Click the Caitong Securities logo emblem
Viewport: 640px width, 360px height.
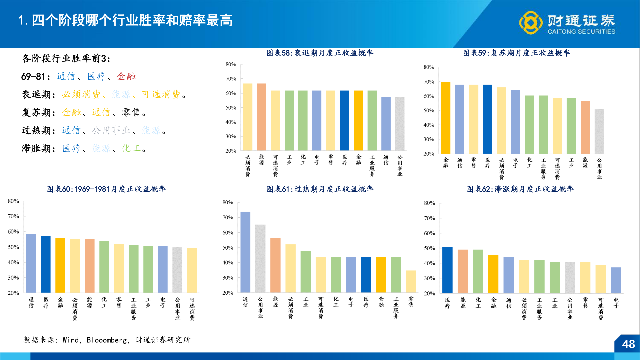[x=531, y=23]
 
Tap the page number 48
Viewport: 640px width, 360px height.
[x=628, y=344]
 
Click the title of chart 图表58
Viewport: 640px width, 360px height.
[x=320, y=53]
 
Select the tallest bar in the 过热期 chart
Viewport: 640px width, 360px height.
[x=245, y=252]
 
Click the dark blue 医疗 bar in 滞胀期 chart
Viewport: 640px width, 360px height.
[x=447, y=270]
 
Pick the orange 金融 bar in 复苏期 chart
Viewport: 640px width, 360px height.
[x=446, y=118]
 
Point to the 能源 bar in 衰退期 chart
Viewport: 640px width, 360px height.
[x=261, y=117]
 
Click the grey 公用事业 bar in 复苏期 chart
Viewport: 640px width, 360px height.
[x=599, y=131]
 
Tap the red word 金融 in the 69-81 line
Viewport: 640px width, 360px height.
[x=126, y=76]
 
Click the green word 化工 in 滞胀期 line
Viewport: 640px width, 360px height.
[x=131, y=148]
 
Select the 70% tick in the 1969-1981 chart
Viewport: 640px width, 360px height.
[x=14, y=216]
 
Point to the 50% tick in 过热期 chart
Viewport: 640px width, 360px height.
[x=228, y=248]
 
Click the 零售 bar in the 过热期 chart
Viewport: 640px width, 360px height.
[x=411, y=282]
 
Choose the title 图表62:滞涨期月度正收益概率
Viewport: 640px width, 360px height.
[x=520, y=189]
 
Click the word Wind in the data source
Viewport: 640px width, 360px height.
[x=71, y=340]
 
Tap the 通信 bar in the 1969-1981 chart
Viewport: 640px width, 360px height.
[x=31, y=263]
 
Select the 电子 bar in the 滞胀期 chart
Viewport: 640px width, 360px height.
[x=616, y=280]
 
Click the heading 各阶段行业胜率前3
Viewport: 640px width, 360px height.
[x=66, y=58]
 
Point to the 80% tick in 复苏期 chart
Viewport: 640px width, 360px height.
[x=429, y=67]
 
